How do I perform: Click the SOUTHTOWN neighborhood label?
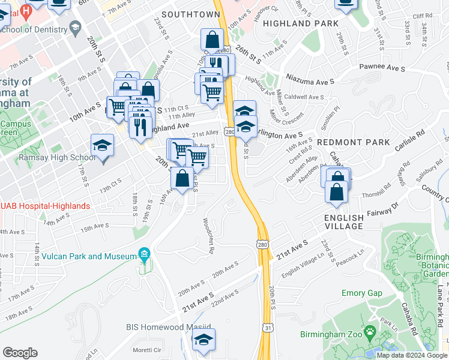click(x=190, y=14)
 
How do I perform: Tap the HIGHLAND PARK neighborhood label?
click(x=301, y=23)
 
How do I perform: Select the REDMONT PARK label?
click(x=353, y=142)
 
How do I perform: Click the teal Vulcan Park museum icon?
click(x=143, y=255)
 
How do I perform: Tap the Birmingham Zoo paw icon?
click(x=371, y=331)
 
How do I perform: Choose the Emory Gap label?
click(x=361, y=293)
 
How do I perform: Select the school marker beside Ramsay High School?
click(x=103, y=146)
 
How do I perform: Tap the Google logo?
click(x=20, y=353)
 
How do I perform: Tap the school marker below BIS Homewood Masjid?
click(x=203, y=340)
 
